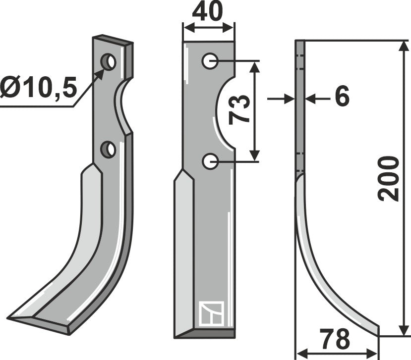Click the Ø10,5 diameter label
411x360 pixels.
[x=39, y=90]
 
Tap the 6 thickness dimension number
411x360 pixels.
[x=342, y=97]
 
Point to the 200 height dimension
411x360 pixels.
[x=389, y=178]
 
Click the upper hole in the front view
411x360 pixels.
[x=210, y=61]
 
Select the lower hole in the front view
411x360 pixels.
[x=210, y=160]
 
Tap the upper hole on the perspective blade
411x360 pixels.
[x=109, y=62]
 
